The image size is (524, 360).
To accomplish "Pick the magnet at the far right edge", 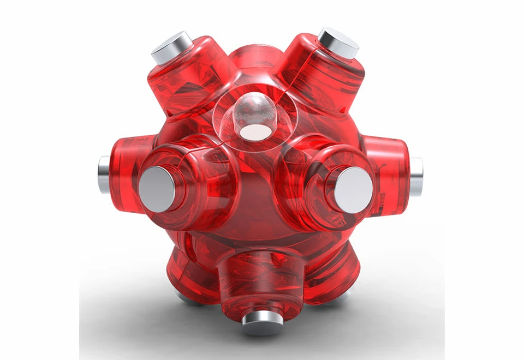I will (416, 176).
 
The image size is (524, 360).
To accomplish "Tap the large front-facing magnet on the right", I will (354, 190).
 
